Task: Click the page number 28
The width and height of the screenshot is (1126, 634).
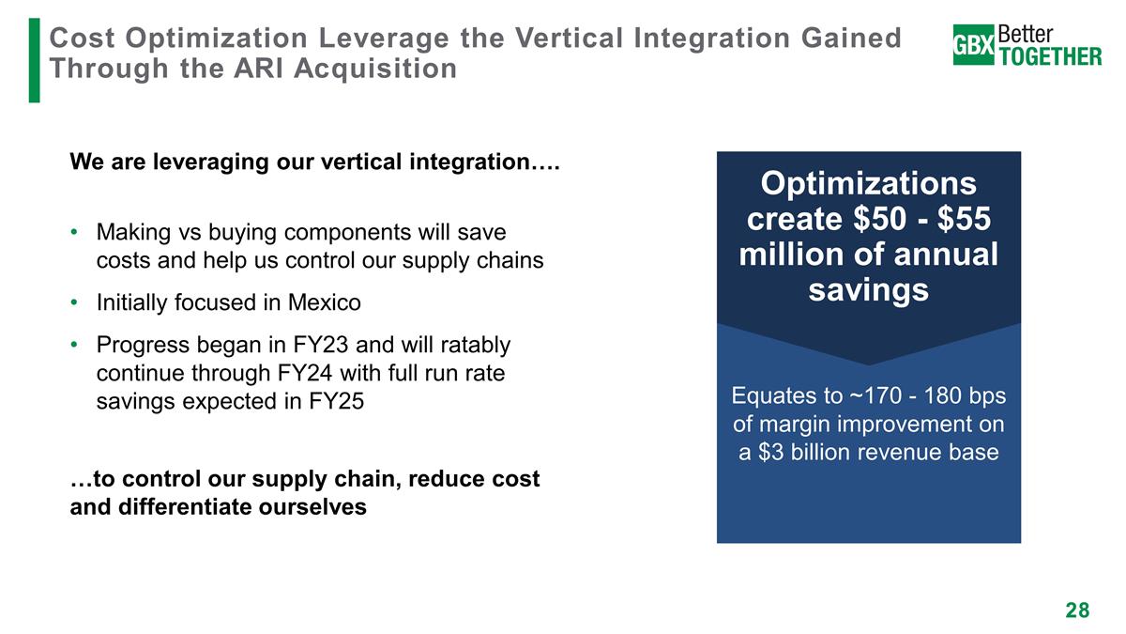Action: [1077, 611]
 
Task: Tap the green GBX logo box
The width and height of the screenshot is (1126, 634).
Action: [974, 45]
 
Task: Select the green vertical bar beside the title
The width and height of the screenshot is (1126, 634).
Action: [35, 58]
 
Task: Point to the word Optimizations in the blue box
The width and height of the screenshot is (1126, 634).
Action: [868, 183]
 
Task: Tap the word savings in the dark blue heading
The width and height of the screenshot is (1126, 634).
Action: [868, 290]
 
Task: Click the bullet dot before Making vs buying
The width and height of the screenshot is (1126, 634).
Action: [75, 231]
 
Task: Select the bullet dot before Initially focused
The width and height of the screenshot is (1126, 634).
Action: [75, 302]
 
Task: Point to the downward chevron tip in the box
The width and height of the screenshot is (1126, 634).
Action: [869, 363]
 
